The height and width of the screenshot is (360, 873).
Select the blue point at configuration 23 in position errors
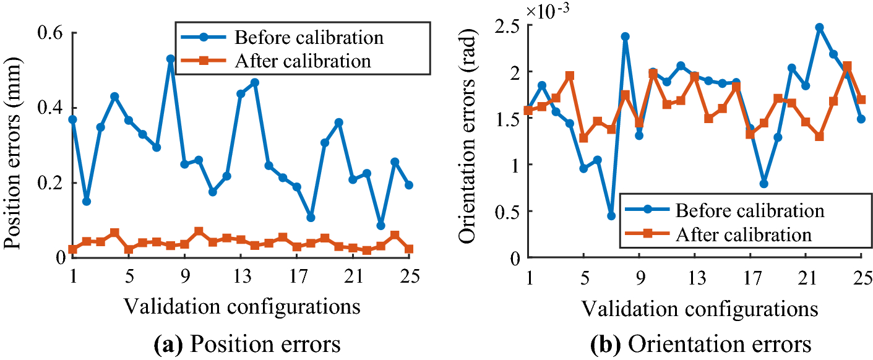point(381,225)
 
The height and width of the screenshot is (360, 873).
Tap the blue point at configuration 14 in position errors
point(254,82)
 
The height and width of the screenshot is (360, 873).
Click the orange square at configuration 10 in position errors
point(199,231)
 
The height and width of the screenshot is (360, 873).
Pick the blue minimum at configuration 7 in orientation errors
point(611,216)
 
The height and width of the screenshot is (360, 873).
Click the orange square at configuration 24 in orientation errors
point(847,66)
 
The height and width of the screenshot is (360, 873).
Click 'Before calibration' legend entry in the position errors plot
point(309,37)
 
